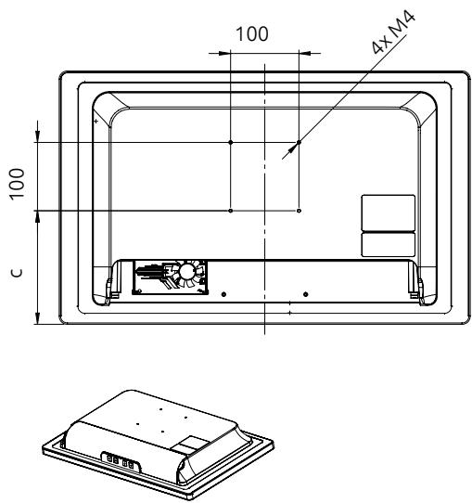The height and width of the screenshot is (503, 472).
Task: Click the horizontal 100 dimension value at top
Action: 252,34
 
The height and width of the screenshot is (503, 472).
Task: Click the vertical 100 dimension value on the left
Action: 17,184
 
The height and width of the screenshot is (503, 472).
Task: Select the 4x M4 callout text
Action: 393,32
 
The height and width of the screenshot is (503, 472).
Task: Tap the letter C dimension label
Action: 17,273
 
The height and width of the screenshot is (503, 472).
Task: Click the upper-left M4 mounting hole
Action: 230,142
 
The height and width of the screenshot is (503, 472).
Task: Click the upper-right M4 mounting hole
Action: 299,142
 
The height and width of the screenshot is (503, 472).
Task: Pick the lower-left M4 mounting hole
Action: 230,211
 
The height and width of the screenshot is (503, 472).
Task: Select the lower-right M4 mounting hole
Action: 299,211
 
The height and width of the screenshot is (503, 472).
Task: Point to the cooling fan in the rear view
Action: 186,273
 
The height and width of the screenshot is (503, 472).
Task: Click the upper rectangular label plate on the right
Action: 388,213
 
